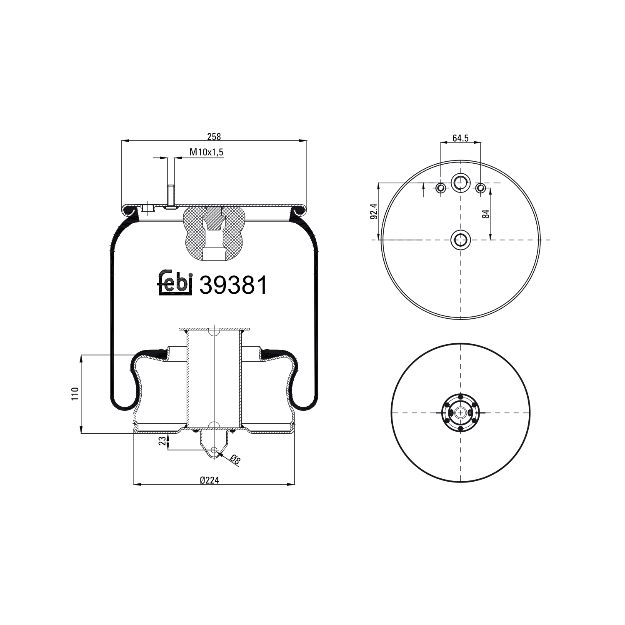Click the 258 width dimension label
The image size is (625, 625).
(214, 136)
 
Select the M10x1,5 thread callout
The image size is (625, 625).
(207, 152)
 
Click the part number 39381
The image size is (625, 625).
(233, 285)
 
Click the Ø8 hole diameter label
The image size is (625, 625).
(235, 460)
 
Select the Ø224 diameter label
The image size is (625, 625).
(209, 480)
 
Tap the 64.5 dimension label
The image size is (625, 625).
(460, 138)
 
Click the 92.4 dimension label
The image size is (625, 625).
(374, 211)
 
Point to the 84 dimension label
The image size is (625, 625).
(485, 214)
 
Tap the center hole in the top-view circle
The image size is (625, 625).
(460, 240)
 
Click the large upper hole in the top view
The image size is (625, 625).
(460, 182)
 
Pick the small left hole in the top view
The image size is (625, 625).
(441, 188)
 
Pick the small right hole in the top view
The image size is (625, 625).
(480, 188)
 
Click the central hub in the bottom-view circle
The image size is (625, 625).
(460, 412)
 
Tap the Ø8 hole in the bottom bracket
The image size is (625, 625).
(214, 450)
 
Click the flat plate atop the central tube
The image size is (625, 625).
(214, 329)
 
